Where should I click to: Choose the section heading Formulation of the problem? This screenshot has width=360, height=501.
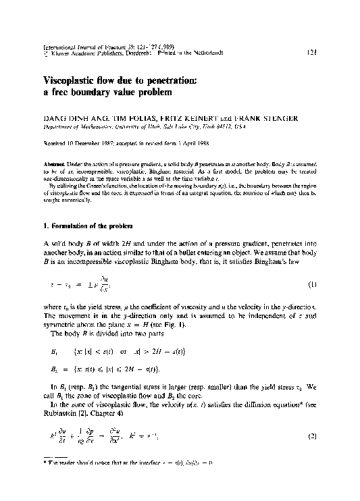click(101, 223)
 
